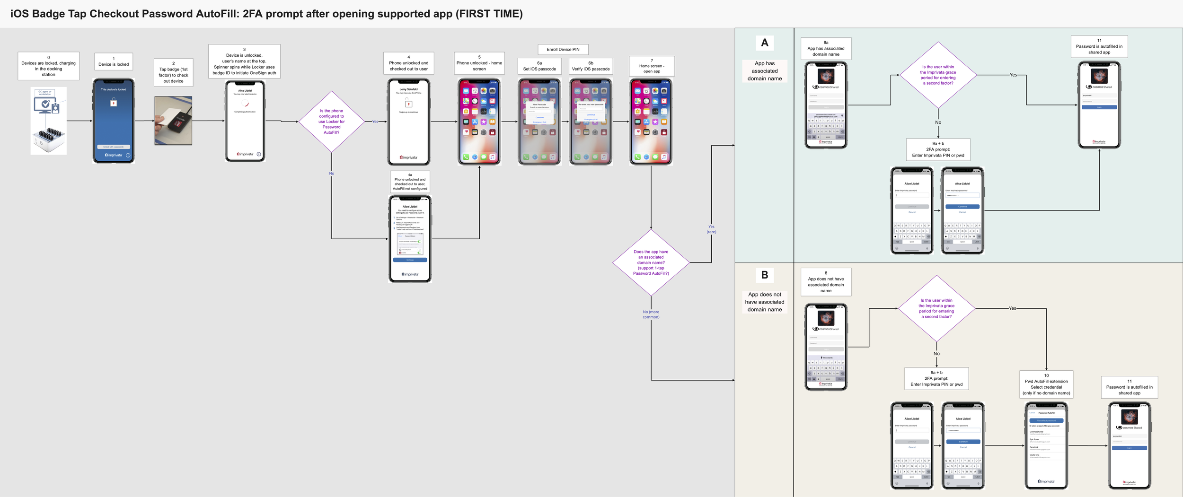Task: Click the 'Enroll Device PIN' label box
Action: (x=563, y=49)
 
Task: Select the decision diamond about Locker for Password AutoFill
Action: (x=331, y=122)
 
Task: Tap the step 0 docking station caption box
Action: (x=48, y=66)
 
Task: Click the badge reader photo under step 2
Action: (x=173, y=121)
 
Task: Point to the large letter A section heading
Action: (x=765, y=43)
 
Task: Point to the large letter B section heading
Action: (x=765, y=275)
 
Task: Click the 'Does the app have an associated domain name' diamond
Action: (x=651, y=262)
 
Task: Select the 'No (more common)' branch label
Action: (x=651, y=314)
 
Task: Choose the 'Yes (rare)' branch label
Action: (x=711, y=229)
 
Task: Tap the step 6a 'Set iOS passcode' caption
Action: (x=539, y=66)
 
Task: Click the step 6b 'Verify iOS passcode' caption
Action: (x=591, y=66)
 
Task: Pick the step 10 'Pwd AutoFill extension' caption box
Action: (x=1046, y=384)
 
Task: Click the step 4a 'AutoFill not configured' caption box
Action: (x=410, y=182)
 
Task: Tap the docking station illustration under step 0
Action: (x=48, y=121)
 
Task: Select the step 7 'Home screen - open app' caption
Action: (x=652, y=66)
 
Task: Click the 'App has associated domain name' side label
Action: (x=765, y=71)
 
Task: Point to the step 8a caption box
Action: (x=826, y=49)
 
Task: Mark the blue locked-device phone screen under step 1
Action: (x=114, y=121)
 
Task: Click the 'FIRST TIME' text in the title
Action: (x=489, y=14)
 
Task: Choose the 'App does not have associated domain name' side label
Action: (x=765, y=302)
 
